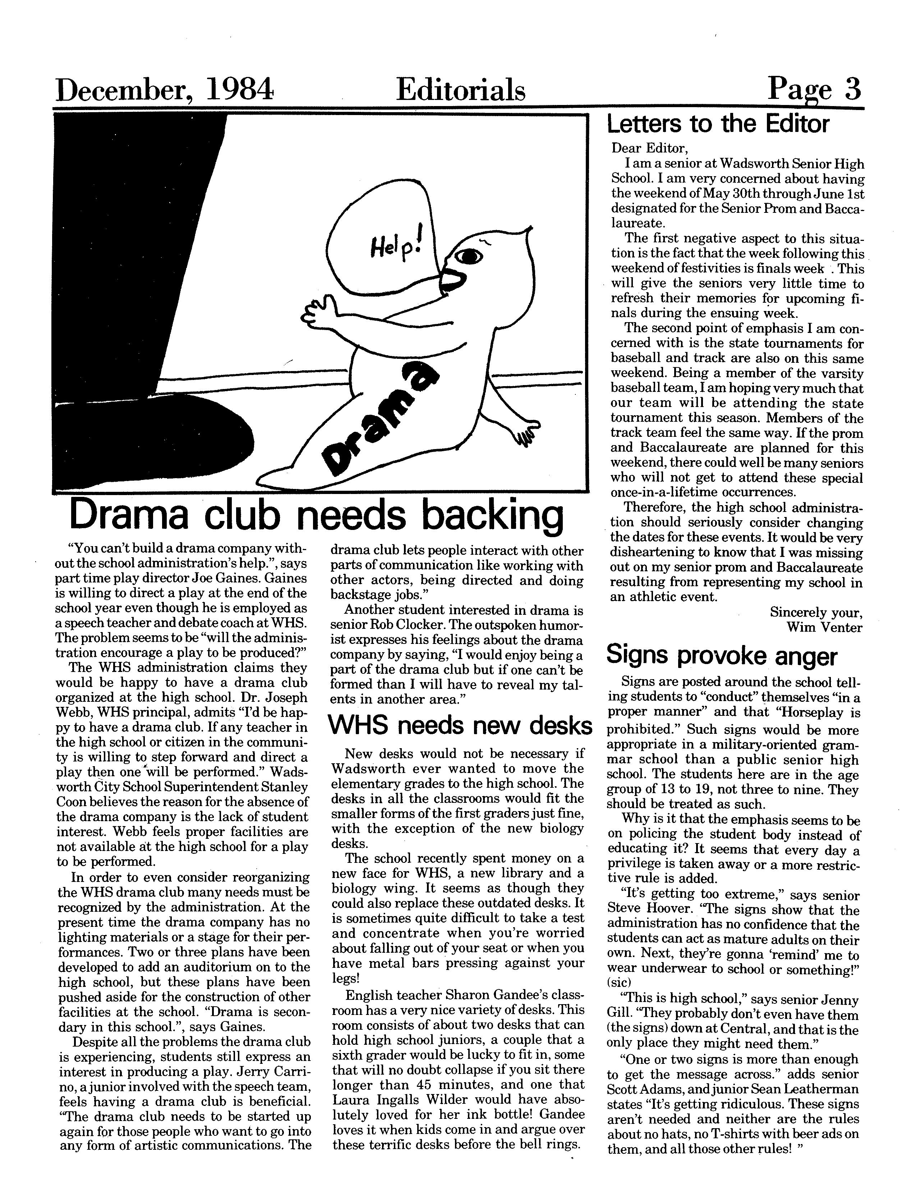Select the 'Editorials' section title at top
pyautogui.click(x=461, y=90)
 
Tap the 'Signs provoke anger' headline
pyautogui.click(x=722, y=655)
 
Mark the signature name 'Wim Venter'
pyautogui.click(x=824, y=628)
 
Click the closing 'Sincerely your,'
pyautogui.click(x=816, y=613)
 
